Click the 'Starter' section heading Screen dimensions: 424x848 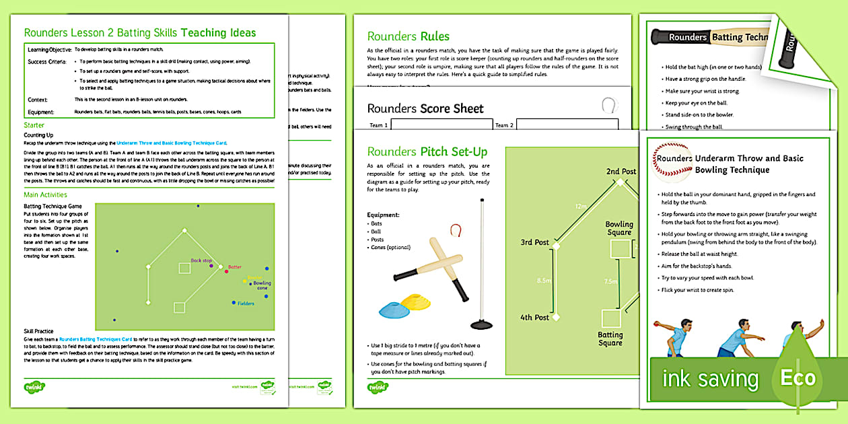tap(34, 125)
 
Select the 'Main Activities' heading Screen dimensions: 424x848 tap(45, 195)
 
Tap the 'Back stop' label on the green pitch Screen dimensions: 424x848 tap(201, 260)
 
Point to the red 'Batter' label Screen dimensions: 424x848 tap(234, 267)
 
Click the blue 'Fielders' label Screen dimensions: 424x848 tap(246, 304)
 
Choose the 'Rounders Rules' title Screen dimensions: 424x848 tap(408, 36)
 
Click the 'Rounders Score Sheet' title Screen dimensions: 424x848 tap(425, 108)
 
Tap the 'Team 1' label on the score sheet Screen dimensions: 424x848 tap(379, 125)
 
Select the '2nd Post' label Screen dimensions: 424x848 tap(621, 172)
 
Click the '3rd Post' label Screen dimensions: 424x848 tap(535, 242)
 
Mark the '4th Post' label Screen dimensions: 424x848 tap(535, 317)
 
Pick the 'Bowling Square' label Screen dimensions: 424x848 tap(619, 229)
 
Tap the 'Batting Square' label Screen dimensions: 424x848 tap(610, 339)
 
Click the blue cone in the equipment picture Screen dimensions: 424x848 tap(396, 309)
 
